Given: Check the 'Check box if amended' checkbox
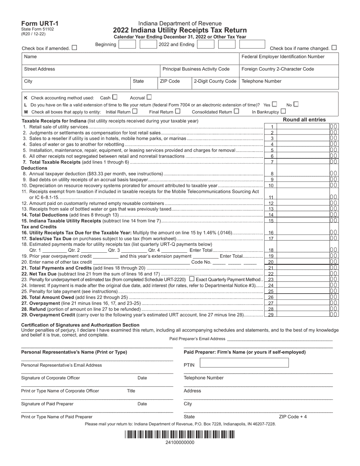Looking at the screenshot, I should (x=74, y=48).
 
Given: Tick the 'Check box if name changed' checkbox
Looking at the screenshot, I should (x=334, y=48).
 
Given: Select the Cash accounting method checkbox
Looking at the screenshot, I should (x=115, y=97).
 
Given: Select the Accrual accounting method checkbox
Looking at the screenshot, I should (x=149, y=97).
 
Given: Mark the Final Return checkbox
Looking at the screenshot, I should (x=178, y=111).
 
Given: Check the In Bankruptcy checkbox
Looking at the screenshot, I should (x=283, y=111).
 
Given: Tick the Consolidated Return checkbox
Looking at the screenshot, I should (x=236, y=111).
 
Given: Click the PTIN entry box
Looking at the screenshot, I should (x=244, y=363).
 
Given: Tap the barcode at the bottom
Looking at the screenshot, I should (x=180, y=435).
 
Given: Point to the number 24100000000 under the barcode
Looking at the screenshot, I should (x=180, y=442).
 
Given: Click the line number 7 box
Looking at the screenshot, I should (x=272, y=162).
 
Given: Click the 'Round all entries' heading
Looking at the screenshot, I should (x=304, y=120).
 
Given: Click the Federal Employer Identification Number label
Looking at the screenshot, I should (x=283, y=57).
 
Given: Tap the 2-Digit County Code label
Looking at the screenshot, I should (x=215, y=81).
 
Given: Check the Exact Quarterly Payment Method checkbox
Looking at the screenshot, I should (x=191, y=279).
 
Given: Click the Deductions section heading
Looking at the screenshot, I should (x=34, y=168).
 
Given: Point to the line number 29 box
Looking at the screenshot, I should (x=272, y=314).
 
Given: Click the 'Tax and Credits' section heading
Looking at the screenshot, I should (x=39, y=227).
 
